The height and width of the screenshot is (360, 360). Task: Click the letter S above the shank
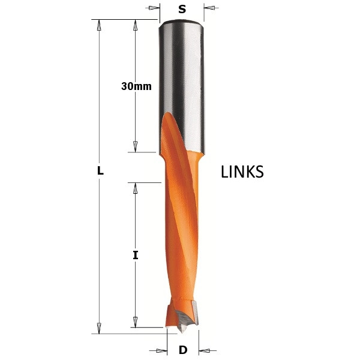[x=182, y=9]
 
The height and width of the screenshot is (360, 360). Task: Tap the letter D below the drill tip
[x=183, y=350]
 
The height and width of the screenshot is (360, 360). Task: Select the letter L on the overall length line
[x=100, y=171]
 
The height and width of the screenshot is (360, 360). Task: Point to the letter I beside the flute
[x=136, y=255]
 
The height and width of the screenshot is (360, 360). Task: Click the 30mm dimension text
[x=136, y=86]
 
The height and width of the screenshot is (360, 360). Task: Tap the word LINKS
[x=242, y=172]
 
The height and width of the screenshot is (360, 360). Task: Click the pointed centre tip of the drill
[x=182, y=331]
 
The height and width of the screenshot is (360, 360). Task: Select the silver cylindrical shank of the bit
[x=182, y=87]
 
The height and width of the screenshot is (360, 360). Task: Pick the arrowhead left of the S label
[x=154, y=8]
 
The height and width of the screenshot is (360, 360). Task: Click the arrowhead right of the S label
[x=209, y=8]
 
